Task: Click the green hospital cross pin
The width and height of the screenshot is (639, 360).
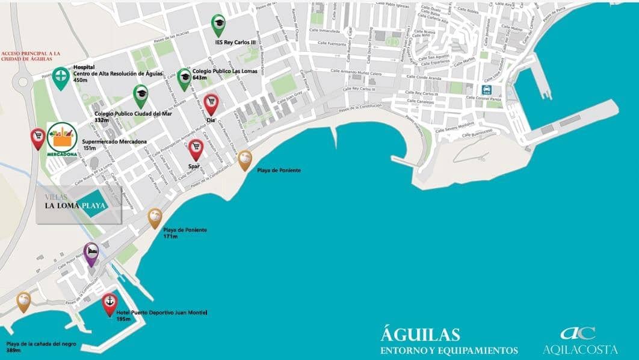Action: point(60,77)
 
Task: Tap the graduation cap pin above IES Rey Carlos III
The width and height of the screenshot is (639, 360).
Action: point(218,23)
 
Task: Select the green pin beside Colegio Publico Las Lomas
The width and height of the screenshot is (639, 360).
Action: point(184,78)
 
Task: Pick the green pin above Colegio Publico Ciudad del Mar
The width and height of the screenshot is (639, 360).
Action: point(141,95)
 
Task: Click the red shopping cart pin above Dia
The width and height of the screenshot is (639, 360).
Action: point(211,104)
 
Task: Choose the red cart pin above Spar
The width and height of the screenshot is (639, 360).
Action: point(196,148)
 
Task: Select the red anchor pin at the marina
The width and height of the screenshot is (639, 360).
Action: point(109,302)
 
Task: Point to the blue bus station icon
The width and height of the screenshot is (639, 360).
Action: point(486,90)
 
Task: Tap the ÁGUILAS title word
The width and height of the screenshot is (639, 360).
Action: point(420,335)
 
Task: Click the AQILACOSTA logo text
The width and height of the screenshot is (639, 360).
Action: point(580,349)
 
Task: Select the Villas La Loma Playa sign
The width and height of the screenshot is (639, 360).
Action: point(79,205)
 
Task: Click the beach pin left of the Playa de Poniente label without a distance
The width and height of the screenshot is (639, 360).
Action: point(244,160)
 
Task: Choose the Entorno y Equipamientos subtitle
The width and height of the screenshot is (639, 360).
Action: point(448,350)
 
